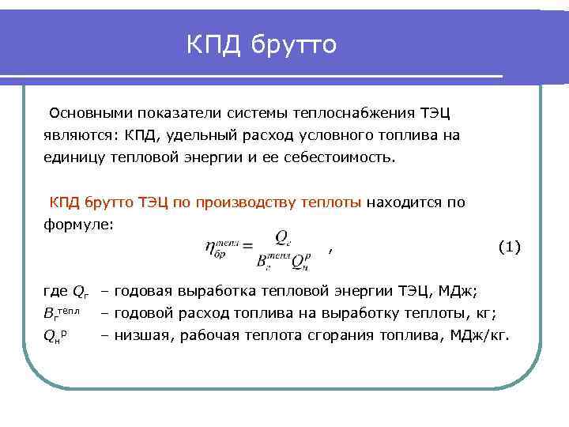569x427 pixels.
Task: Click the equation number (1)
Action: click(x=509, y=247)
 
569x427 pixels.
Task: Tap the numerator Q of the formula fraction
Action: click(x=281, y=236)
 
